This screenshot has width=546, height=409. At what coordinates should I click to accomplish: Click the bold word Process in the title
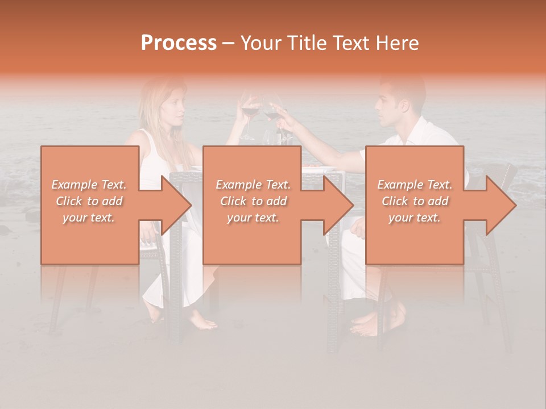(x=179, y=43)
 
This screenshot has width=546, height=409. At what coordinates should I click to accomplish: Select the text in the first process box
(x=89, y=201)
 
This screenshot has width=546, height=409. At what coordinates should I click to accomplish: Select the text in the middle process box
(x=253, y=201)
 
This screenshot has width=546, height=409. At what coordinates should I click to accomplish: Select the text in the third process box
(x=415, y=201)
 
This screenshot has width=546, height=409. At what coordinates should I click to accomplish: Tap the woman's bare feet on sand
(x=202, y=322)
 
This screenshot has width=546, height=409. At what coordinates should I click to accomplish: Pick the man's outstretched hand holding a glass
(x=278, y=107)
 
